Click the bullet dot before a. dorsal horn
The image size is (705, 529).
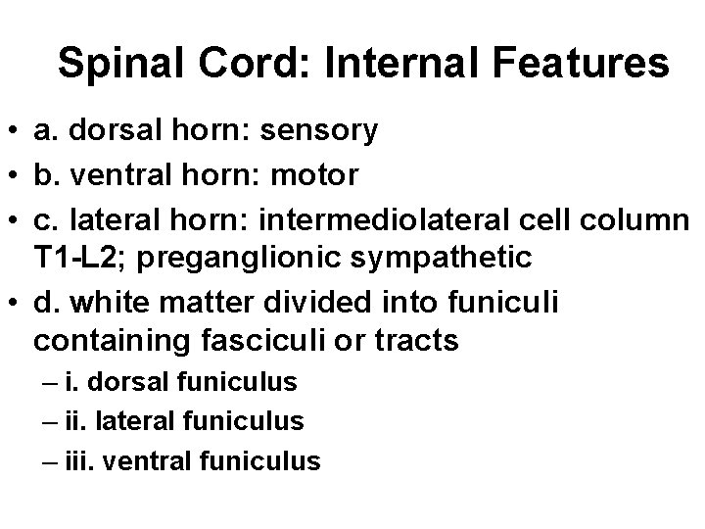pyautogui.click(x=14, y=131)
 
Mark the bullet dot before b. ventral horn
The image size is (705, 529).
pyautogui.click(x=14, y=176)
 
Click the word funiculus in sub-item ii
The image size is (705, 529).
pyautogui.click(x=249, y=421)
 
